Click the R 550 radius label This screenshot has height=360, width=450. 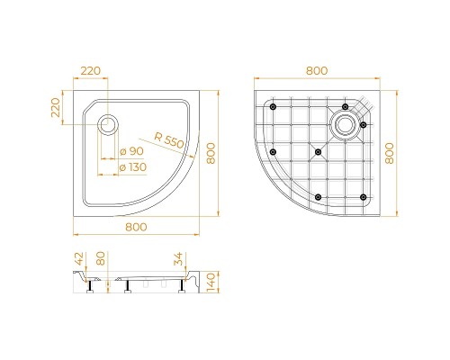click(168, 142)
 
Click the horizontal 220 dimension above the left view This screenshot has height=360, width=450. click(90, 69)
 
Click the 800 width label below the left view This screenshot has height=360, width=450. click(137, 227)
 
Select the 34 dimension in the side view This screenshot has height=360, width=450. click(179, 262)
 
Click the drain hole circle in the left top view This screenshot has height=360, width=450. click(108, 123)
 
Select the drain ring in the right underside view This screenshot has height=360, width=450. click(344, 123)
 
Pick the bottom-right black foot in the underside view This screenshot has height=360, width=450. click(363, 196)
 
